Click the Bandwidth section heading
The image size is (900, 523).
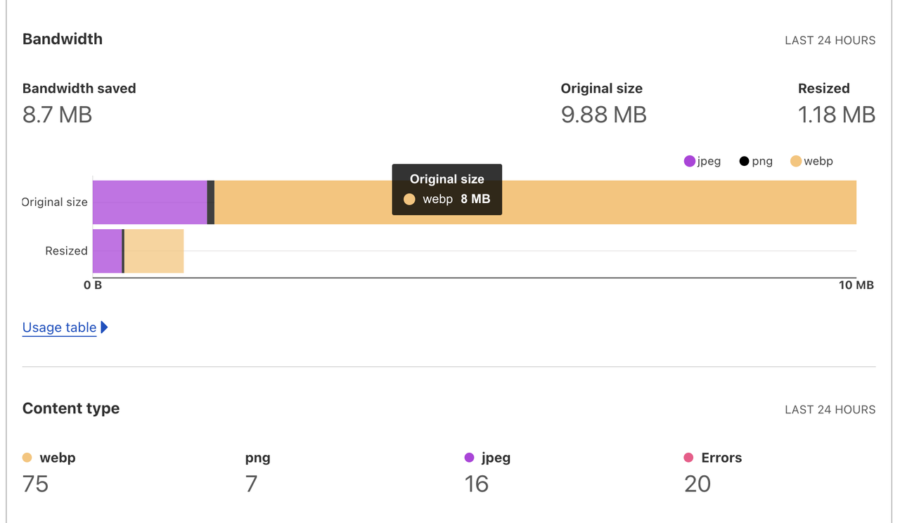63,39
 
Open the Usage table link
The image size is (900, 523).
60,328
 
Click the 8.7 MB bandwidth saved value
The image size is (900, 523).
57,115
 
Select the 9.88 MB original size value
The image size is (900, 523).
603,115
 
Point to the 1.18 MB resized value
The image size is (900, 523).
836,115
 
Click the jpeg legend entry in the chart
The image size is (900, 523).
702,161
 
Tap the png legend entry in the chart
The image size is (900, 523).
756,161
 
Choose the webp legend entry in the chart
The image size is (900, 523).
811,161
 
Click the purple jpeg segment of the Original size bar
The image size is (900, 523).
150,202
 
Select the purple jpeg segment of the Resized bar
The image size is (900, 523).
107,251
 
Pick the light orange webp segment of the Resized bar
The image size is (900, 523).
154,251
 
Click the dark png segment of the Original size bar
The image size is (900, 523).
211,202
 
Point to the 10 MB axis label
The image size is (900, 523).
856,285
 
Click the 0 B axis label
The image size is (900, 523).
93,285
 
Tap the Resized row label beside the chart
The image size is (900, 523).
66,251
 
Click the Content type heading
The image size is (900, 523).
71,408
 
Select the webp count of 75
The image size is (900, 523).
35,484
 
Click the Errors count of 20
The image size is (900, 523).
697,484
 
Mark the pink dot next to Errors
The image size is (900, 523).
688,458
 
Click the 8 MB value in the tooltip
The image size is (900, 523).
475,199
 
